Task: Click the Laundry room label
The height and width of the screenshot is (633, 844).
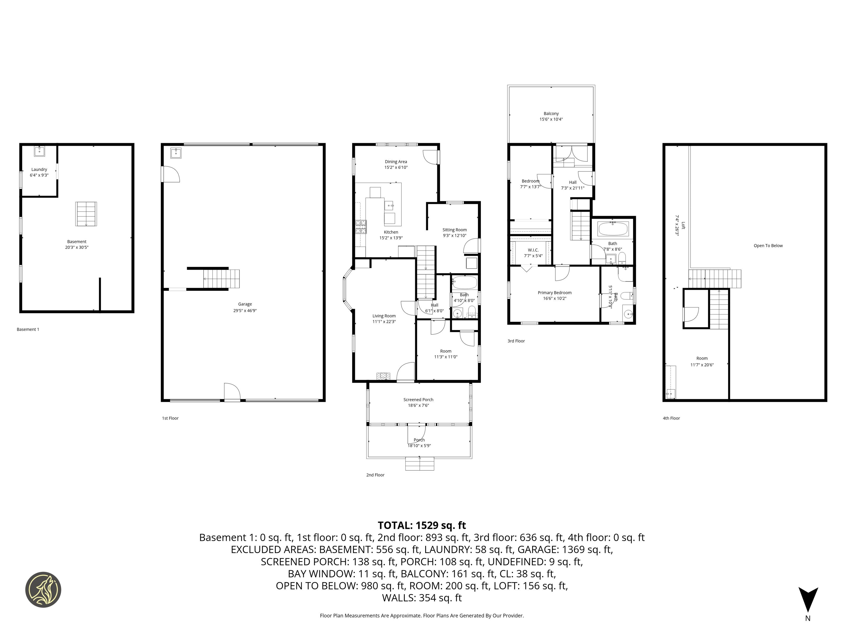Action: (x=39, y=169)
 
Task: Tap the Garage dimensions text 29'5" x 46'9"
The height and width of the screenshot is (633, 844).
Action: (x=245, y=311)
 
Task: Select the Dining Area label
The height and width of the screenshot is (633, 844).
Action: (x=396, y=162)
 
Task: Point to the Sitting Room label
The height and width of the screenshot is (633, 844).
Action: (x=454, y=230)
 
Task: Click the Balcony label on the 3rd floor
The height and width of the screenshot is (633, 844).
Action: (x=551, y=113)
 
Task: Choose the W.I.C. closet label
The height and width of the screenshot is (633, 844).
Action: (x=533, y=250)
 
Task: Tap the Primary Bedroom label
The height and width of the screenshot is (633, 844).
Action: (x=555, y=293)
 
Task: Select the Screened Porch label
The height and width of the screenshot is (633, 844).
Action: (x=419, y=400)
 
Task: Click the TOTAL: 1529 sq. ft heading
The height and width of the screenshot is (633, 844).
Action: (x=422, y=525)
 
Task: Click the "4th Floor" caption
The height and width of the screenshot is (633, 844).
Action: (x=671, y=418)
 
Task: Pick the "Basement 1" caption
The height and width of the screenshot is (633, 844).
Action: (x=28, y=329)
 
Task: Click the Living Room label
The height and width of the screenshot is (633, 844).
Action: (x=384, y=316)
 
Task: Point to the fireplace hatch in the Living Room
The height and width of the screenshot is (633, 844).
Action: (x=383, y=376)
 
